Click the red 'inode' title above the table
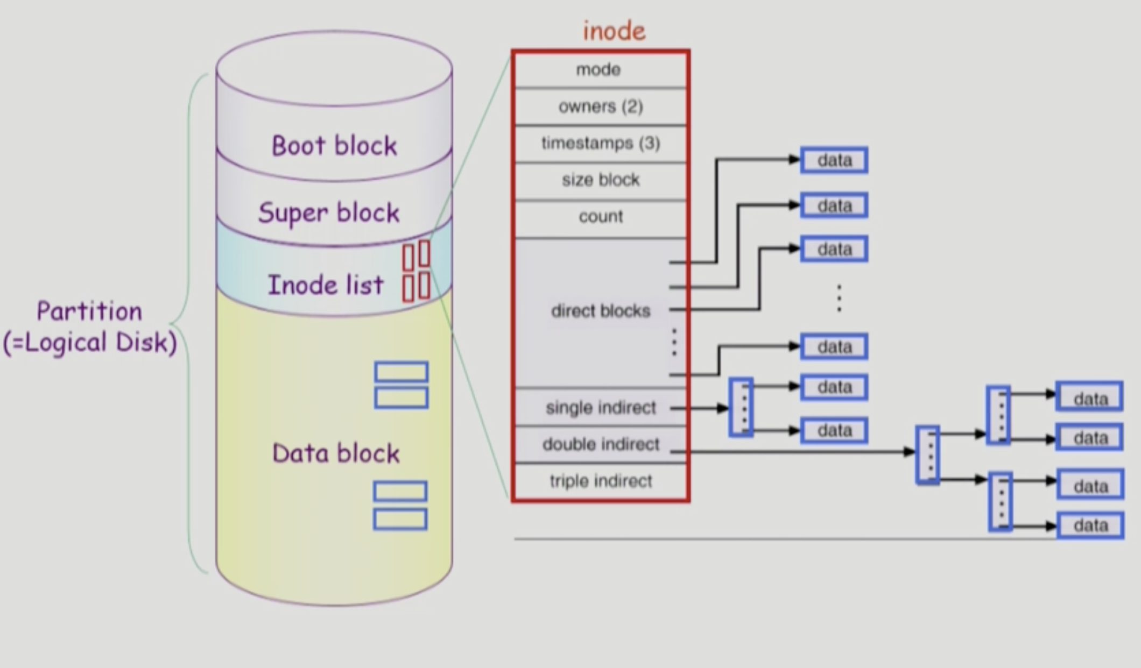614,31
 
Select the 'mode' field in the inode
598,70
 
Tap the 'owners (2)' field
601,106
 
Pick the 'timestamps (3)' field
601,143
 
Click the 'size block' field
601,180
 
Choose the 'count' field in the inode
601,217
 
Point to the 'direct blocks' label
601,311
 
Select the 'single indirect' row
601,408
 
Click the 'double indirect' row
601,444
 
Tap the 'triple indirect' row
601,481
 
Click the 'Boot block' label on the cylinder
334,146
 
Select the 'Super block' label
329,213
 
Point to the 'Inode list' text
326,285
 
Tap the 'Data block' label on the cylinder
336,453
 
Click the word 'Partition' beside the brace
89,311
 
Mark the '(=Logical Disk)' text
90,343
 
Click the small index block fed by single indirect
741,407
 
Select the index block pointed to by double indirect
928,455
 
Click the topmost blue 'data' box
834,160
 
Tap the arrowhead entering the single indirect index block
723,408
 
